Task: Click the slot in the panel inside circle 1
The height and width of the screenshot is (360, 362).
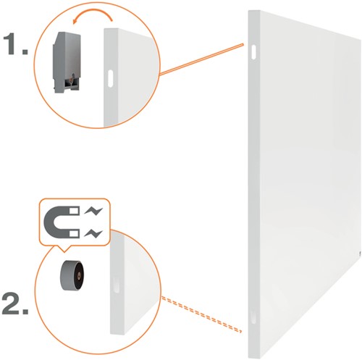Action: pyautogui.click(x=109, y=77)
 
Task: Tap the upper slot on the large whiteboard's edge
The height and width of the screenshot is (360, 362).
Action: pyautogui.click(x=253, y=52)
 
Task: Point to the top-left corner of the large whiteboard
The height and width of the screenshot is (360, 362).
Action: pyautogui.click(x=249, y=10)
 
